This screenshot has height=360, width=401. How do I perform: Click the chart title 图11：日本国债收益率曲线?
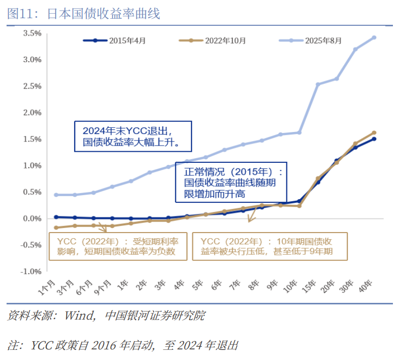83,14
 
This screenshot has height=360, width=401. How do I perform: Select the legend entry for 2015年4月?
115,40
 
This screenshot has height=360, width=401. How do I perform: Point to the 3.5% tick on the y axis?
32,33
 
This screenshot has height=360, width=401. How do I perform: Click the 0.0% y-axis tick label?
32,218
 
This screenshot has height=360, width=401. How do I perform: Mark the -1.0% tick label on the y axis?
31,272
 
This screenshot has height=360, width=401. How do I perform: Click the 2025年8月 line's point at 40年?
374,37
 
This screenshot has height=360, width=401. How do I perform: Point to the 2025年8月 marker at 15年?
318,84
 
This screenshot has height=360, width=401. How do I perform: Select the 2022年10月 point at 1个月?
56,228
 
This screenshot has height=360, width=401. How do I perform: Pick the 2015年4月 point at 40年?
374,139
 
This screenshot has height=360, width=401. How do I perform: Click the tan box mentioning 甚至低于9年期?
270,246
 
